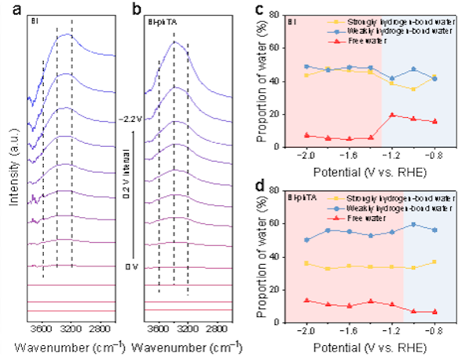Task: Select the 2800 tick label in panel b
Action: pyautogui.click(x=216, y=327)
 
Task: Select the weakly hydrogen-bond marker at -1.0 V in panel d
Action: pyautogui.click(x=413, y=224)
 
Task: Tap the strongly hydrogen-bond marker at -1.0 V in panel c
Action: pyautogui.click(x=413, y=89)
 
